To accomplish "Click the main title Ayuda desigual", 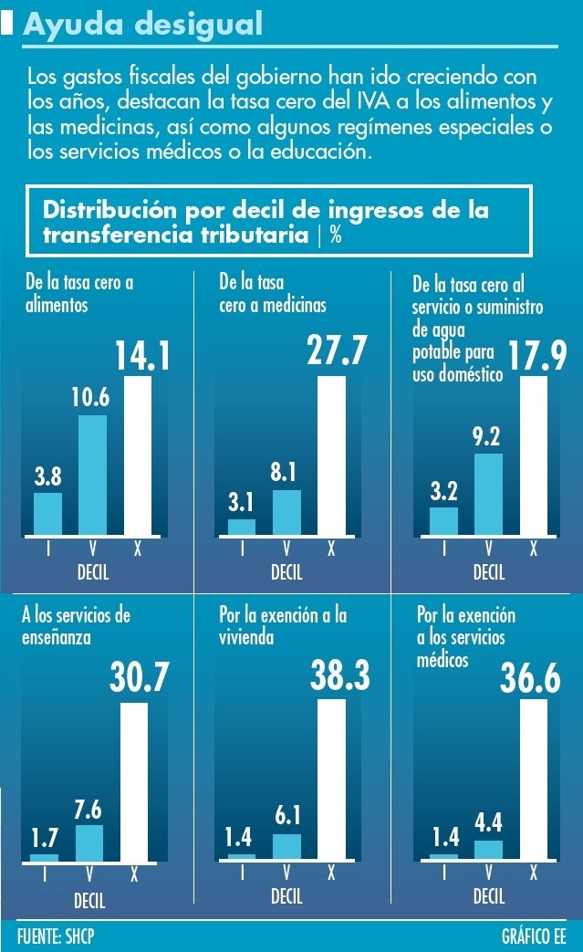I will (143, 25).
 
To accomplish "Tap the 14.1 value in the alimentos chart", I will (142, 356).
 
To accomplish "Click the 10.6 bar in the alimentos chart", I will (92, 475).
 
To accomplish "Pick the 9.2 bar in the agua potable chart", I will (488, 493).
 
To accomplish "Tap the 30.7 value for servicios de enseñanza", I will (140, 677).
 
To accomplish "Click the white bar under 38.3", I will (331, 779).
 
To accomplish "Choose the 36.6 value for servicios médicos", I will (534, 677).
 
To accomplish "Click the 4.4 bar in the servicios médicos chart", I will (488, 850).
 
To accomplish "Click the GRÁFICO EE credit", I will (534, 936).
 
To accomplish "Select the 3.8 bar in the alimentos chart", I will (47, 513).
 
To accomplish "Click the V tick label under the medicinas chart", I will (286, 549).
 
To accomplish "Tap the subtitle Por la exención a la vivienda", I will (283, 625).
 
